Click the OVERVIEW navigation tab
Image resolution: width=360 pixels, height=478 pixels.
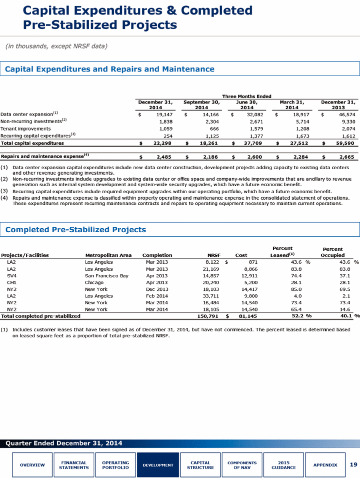point(32,465)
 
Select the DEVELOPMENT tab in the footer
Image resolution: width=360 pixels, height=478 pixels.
point(158,465)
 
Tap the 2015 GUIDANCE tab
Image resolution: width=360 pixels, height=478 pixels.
point(283,465)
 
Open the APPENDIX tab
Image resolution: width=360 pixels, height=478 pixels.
point(325,465)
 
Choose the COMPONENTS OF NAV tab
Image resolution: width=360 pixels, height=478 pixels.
point(242,465)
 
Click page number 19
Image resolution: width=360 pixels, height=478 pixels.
point(353,464)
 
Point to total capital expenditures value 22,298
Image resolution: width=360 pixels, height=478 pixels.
point(162,143)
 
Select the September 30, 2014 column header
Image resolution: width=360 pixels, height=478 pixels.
point(201,105)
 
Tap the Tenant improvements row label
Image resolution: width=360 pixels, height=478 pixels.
point(25,129)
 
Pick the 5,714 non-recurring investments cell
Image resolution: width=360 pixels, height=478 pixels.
point(302,122)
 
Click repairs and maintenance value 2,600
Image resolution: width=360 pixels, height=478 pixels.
point(255,157)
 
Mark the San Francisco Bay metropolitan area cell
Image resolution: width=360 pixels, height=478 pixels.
point(106,276)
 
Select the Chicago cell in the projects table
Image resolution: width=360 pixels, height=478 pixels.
point(94,283)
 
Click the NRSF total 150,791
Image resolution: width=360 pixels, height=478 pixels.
point(207,316)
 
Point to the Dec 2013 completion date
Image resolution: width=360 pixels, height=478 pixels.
point(157,289)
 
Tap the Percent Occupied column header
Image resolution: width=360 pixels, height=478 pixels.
point(332,252)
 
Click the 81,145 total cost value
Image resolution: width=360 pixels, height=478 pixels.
point(248,316)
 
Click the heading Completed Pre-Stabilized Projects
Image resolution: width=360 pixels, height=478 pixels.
point(75,230)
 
